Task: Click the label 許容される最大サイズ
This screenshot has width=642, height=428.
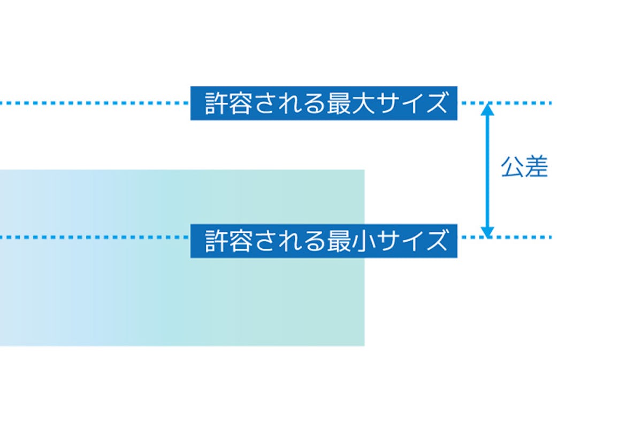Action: point(324,103)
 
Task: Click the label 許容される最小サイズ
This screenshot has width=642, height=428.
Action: point(324,241)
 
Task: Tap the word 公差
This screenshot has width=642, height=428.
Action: point(524,167)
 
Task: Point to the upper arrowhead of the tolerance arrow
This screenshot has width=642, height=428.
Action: point(487,109)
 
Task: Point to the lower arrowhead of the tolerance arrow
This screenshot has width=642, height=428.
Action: point(487,231)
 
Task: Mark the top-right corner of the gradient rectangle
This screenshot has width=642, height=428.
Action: point(364,171)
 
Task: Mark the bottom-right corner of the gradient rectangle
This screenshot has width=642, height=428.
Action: point(364,345)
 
